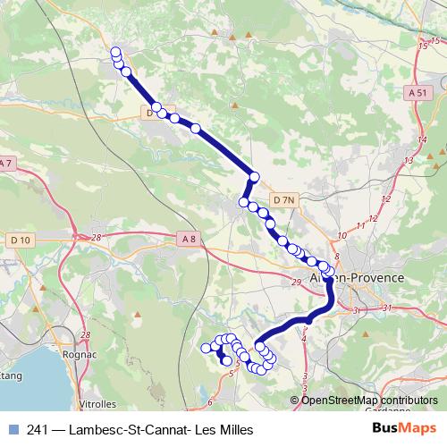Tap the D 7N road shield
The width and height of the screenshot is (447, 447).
(x=284, y=199)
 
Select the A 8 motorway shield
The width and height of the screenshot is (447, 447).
(x=187, y=238)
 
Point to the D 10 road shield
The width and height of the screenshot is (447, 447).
(x=21, y=240)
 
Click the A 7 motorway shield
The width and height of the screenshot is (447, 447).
(x=5, y=163)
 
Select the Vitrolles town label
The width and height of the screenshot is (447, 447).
(x=98, y=403)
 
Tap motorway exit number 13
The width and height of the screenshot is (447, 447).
(x=409, y=160)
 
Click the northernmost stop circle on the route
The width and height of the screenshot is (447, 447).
(x=115, y=53)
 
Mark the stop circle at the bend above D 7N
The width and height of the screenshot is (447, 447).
(x=255, y=177)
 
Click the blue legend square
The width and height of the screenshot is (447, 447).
(x=12, y=429)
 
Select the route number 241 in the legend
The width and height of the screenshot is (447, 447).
(x=37, y=429)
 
